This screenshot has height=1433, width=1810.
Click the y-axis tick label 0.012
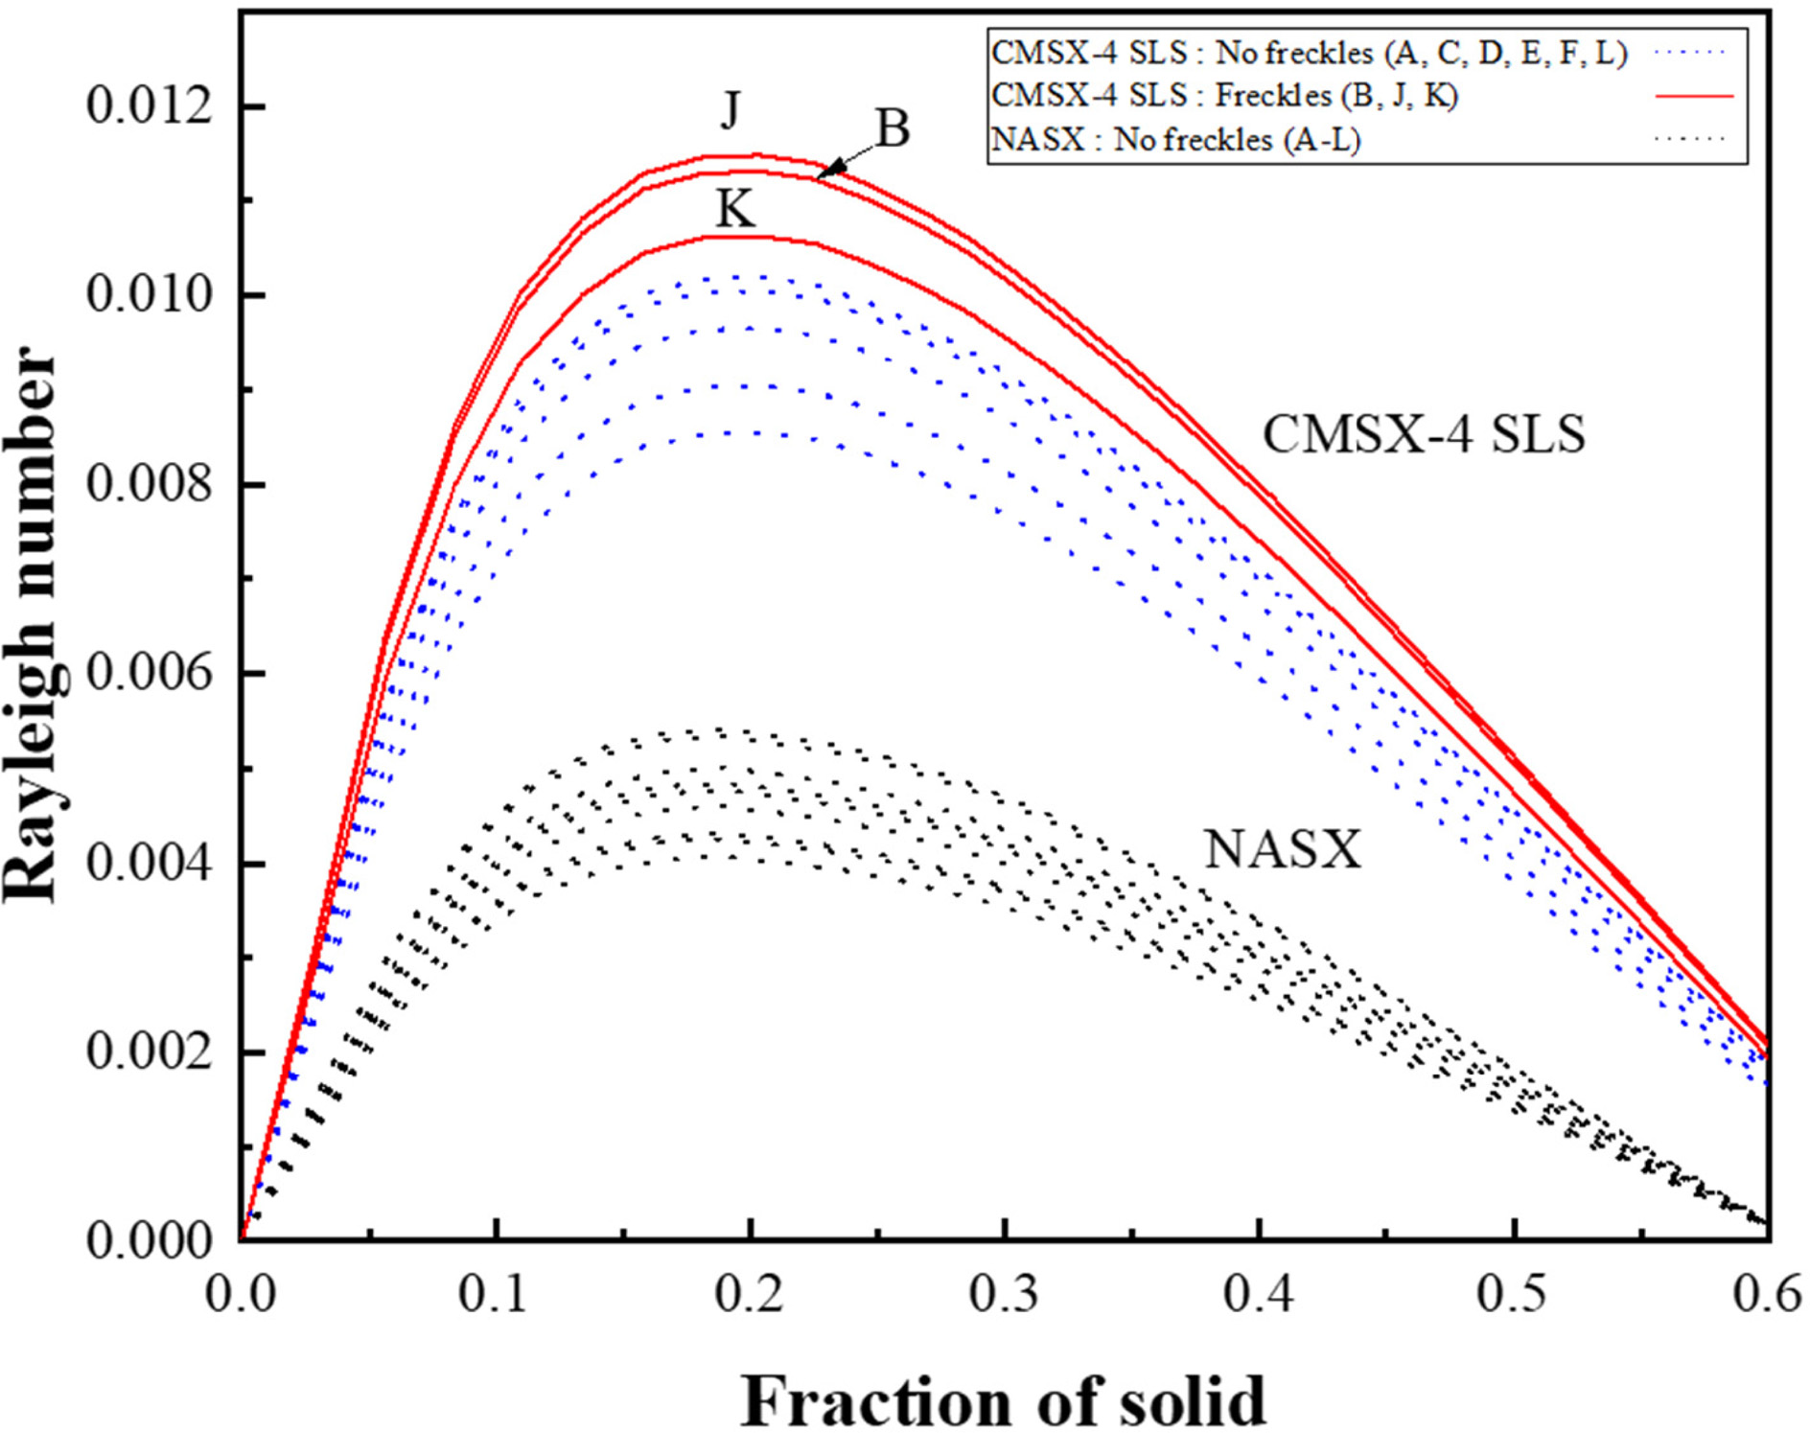[150, 105]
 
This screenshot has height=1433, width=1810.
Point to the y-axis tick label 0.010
[150, 294]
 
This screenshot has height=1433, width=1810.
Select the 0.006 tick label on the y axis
[150, 674]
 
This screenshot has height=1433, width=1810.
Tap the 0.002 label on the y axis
[150, 1052]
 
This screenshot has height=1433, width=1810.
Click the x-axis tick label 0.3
[1004, 1294]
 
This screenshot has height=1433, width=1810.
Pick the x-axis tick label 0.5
[1512, 1294]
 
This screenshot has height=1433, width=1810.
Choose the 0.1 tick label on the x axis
[493, 1294]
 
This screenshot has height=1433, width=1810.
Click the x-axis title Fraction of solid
[1003, 1401]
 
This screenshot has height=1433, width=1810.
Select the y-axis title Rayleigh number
[31, 625]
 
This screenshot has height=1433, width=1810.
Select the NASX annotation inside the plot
[1282, 849]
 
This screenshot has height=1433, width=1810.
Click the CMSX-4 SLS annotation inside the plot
[1423, 434]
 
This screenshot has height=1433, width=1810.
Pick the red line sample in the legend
[1694, 96]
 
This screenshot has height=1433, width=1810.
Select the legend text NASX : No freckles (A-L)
[1175, 140]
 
